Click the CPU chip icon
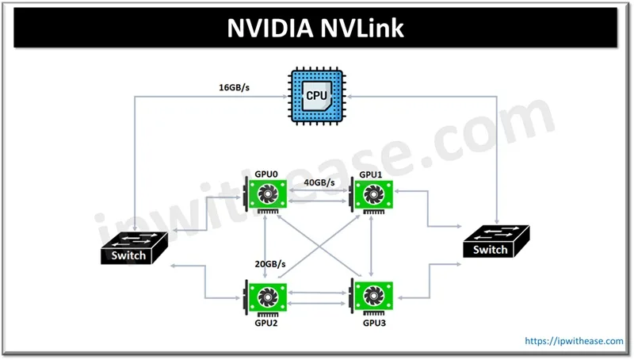(x=315, y=98)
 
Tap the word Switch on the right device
(x=491, y=250)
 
